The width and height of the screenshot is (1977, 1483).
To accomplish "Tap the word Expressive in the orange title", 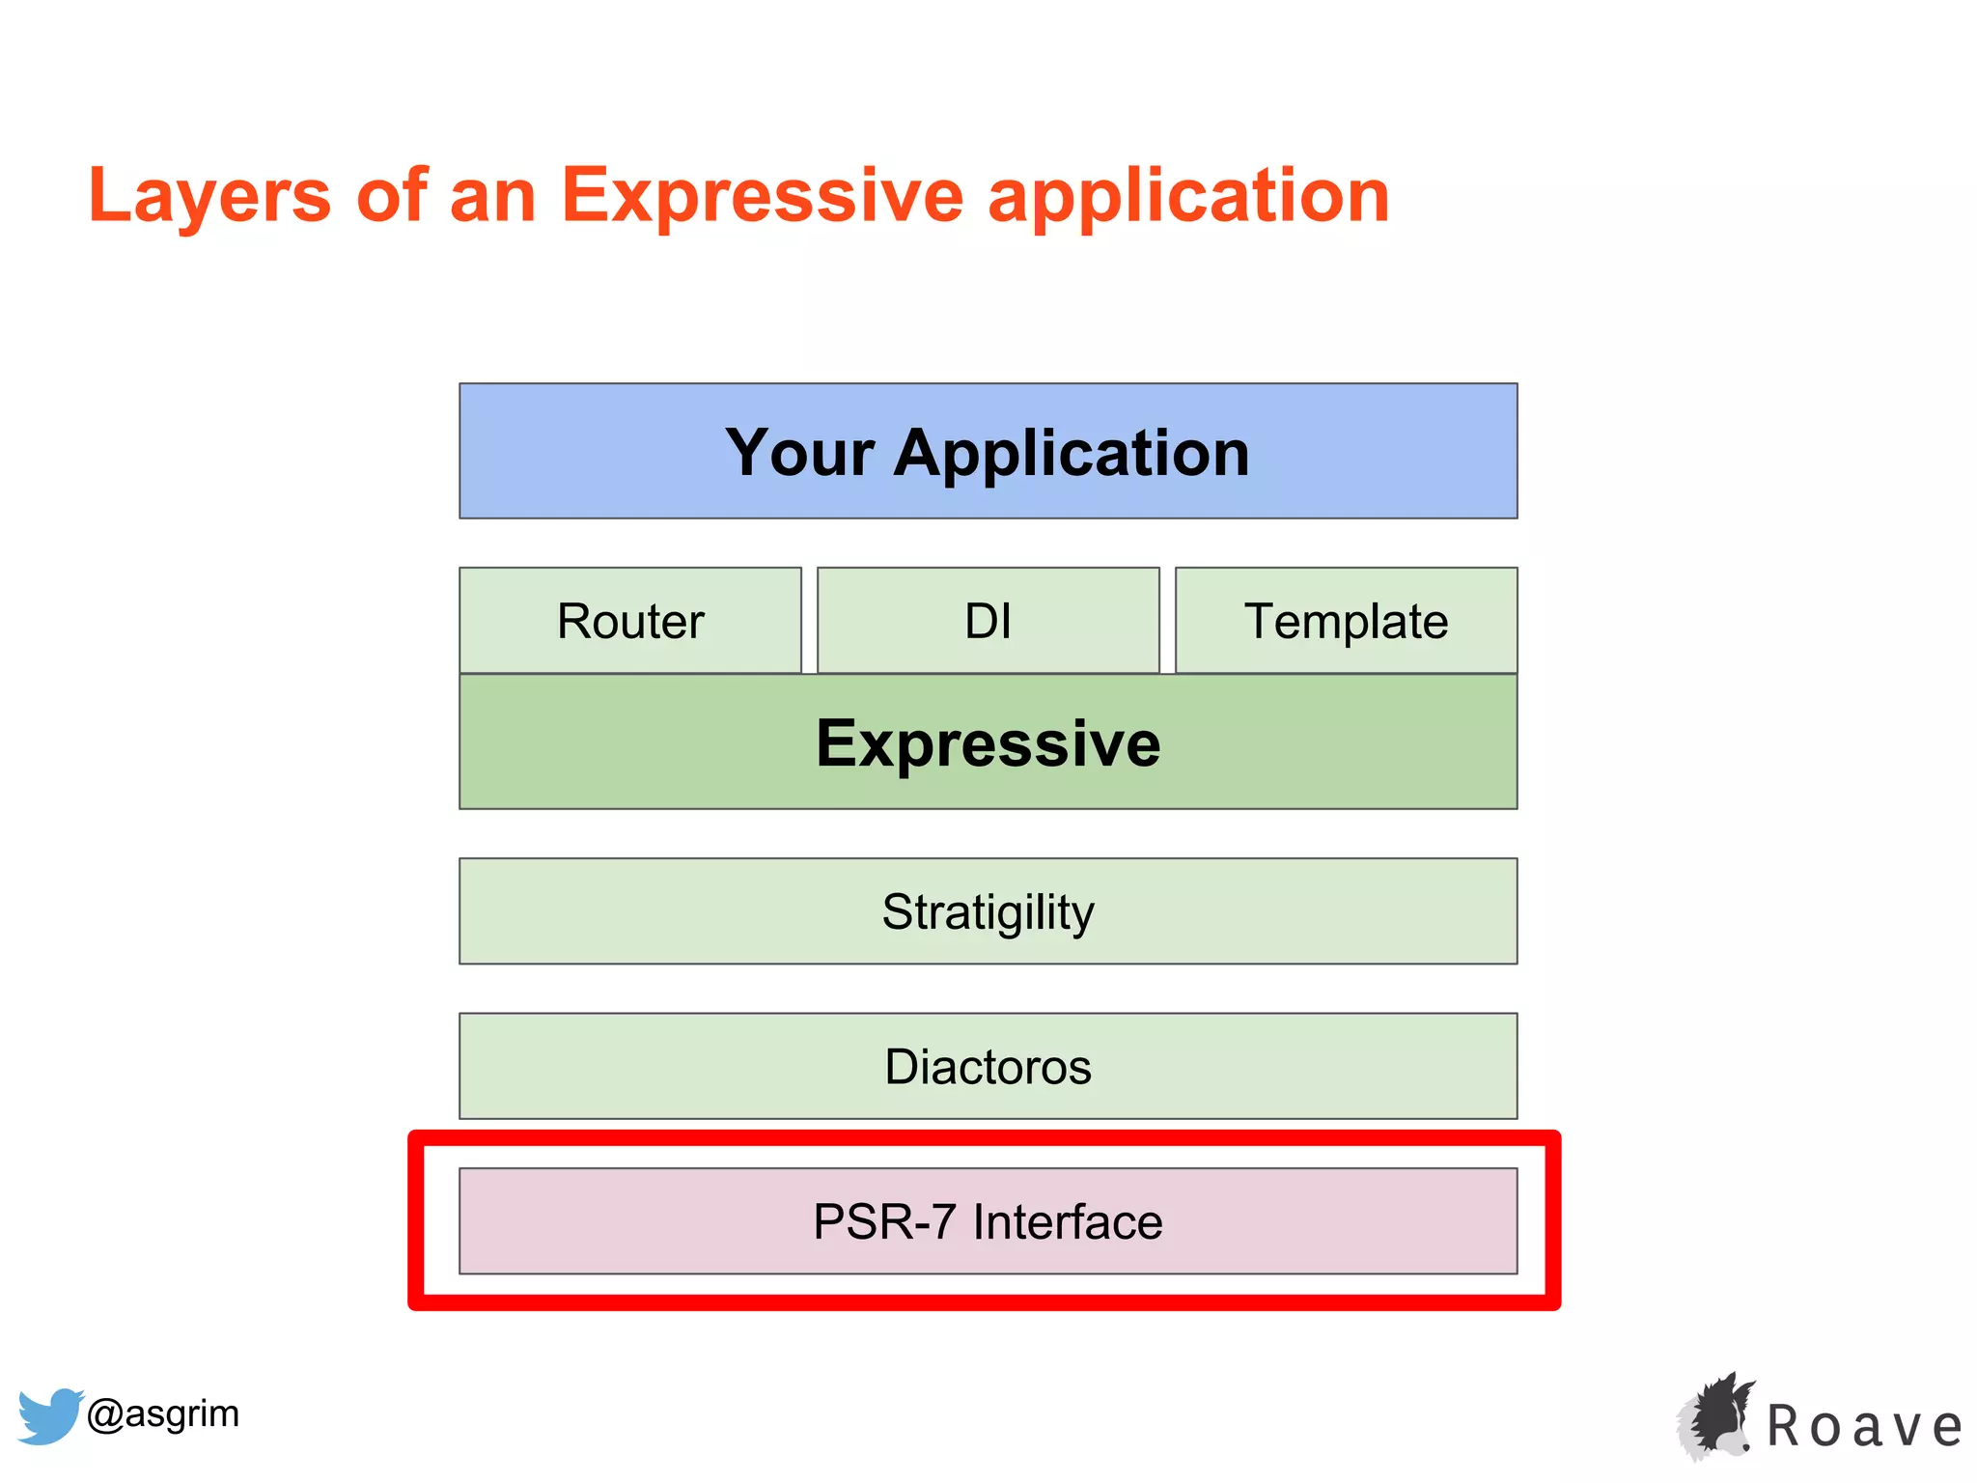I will (762, 196).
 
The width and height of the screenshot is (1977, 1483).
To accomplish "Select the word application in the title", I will (1188, 196).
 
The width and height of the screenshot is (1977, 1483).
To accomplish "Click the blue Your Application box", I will (988, 451).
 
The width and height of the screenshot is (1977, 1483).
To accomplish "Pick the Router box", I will (630, 621).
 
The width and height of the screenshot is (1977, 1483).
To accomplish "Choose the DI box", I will (988, 621).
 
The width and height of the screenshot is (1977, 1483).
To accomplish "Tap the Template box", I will (1346, 621).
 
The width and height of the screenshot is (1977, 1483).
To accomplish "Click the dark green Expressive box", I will (988, 742).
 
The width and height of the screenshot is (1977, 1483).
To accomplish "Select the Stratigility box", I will (988, 911).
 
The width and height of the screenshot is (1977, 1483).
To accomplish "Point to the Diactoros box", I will (988, 1066).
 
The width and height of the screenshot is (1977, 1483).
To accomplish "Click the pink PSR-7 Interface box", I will (988, 1221).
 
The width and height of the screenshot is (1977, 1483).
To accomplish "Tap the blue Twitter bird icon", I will (50, 1415).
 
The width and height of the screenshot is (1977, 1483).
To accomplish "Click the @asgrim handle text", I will (163, 1413).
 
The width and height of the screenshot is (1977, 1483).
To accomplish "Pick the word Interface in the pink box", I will (1068, 1221).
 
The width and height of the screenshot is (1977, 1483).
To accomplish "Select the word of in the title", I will (392, 196).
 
